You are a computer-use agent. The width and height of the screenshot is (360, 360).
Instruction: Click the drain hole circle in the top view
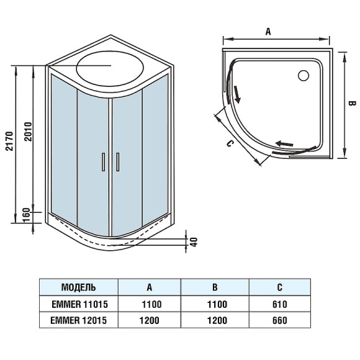(304, 76)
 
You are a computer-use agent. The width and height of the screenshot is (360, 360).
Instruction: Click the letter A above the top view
(268, 30)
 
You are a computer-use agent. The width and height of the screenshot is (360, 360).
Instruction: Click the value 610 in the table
(280, 304)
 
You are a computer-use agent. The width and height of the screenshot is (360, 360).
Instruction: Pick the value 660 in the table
(280, 320)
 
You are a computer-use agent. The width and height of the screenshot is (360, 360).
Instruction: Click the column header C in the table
(280, 287)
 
